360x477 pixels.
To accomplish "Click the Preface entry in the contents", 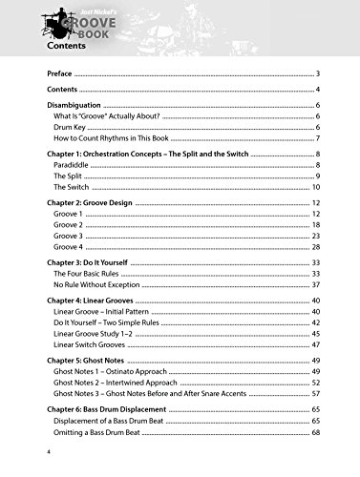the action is [60, 73].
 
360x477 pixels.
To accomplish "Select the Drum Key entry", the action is [71, 127].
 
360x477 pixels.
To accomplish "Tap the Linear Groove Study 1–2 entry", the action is [101, 334].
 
